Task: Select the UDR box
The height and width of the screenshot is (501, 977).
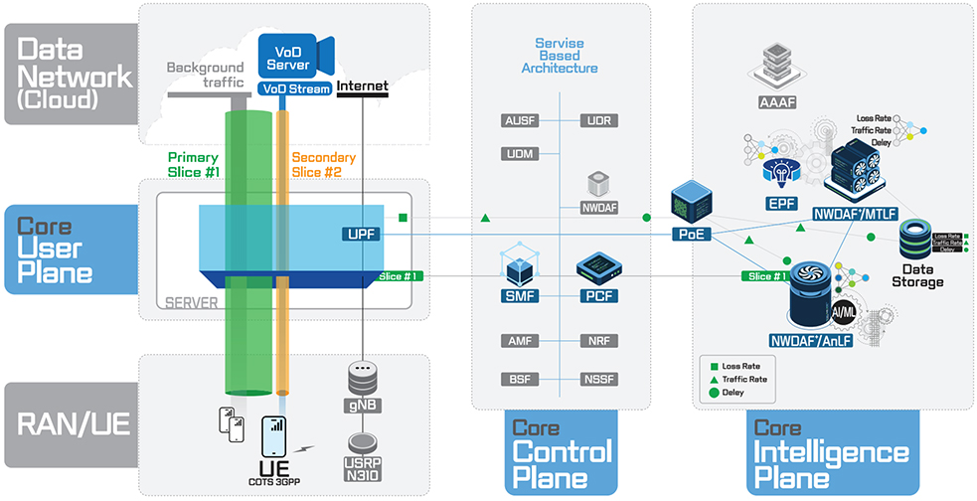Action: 599,120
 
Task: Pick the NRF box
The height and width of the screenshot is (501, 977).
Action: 599,341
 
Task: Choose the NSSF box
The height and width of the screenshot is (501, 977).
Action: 599,379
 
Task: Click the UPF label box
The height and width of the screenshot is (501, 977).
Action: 358,235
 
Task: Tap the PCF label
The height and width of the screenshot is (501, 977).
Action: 599,294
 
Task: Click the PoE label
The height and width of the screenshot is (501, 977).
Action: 692,235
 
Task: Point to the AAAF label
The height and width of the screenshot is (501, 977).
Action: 777,101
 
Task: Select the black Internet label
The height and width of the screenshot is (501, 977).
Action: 362,86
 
